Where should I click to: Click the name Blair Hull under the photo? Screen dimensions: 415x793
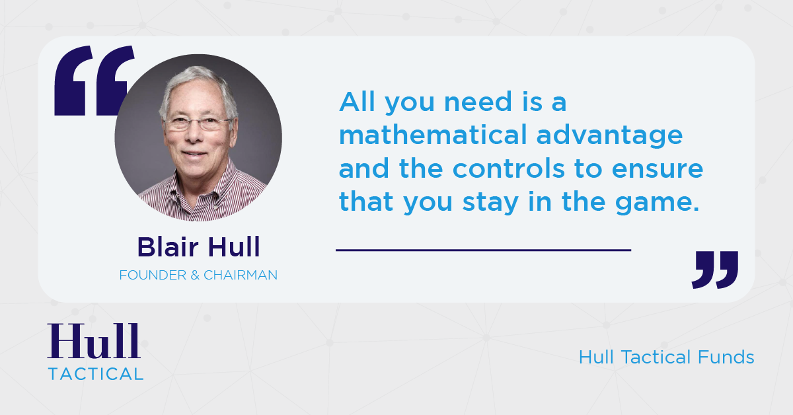198,247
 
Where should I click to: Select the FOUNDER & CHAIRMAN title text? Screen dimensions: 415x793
198,275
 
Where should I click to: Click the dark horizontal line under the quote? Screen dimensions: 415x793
483,250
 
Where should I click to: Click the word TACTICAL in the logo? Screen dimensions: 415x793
95,373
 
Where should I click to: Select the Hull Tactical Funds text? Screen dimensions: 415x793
666,358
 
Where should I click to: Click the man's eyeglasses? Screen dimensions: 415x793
198,123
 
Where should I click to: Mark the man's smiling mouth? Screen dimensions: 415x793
196,153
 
